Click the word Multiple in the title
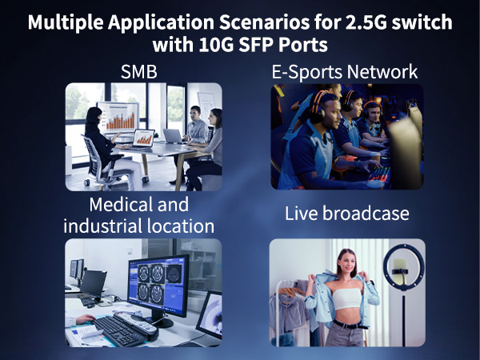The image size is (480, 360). point(66,22)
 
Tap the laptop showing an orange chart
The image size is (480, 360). point(143,138)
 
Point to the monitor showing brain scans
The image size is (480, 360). point(158,282)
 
